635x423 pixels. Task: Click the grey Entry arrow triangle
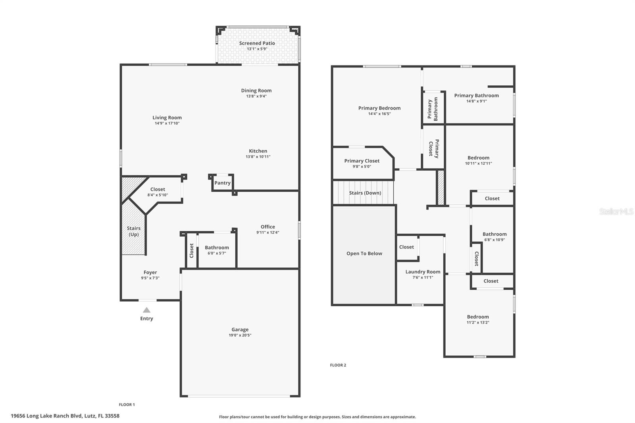[x=146, y=310]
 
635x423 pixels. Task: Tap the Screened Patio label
[x=257, y=43]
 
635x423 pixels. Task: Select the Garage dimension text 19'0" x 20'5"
[x=240, y=335]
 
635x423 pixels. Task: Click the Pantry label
[x=222, y=183]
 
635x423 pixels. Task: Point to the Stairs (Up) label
[x=133, y=231]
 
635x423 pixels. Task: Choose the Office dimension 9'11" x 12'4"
[x=267, y=232]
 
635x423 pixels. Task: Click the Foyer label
[x=150, y=272]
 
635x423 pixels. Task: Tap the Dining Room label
[x=256, y=90]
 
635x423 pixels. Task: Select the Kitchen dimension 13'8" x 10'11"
[x=258, y=156]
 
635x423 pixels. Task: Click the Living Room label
[x=167, y=117]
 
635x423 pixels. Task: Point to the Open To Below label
[x=364, y=254]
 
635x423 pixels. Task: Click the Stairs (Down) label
[x=365, y=193]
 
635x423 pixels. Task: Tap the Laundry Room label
[x=423, y=271]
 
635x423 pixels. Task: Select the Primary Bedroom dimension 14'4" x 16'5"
[x=379, y=114]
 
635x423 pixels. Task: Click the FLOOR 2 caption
[x=338, y=365]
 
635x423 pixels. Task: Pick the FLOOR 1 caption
[x=127, y=405]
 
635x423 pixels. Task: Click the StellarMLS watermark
[x=616, y=211]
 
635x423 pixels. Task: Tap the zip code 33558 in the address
[x=112, y=416]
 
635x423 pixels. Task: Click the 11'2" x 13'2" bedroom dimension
[x=478, y=322]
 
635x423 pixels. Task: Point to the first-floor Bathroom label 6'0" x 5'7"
[x=217, y=248]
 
